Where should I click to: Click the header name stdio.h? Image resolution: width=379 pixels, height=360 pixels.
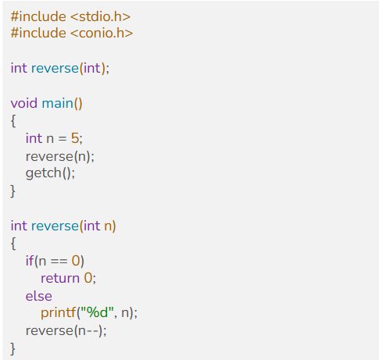click(x=100, y=16)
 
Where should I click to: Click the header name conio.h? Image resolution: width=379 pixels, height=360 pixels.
click(x=102, y=34)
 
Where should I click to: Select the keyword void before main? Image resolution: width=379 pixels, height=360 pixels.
click(x=24, y=103)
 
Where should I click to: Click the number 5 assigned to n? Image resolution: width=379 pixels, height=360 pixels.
click(x=75, y=138)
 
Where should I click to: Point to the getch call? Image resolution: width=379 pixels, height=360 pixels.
click(x=44, y=173)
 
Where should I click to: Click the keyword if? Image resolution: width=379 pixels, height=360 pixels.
click(x=30, y=261)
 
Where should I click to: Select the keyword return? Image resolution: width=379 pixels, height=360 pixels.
click(x=60, y=278)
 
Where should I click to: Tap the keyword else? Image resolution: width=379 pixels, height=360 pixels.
click(x=39, y=296)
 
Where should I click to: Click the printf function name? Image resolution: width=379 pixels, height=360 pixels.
click(x=59, y=312)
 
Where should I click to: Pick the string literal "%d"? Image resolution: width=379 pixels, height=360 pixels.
click(x=97, y=312)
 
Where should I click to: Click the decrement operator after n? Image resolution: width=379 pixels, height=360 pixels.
click(x=92, y=331)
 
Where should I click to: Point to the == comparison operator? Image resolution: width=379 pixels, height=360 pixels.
click(x=59, y=261)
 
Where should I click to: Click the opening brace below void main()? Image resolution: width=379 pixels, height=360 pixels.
click(x=13, y=121)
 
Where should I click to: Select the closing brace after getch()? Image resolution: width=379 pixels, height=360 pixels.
click(x=13, y=191)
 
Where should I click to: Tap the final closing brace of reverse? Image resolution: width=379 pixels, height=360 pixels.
click(x=13, y=348)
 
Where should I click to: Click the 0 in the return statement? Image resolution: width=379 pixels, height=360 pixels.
click(x=88, y=278)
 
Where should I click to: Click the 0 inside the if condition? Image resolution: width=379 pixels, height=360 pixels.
click(x=76, y=261)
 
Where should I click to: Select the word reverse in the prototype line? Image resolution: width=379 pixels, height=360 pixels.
click(x=55, y=68)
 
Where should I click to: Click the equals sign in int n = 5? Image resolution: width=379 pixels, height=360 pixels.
click(x=63, y=138)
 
